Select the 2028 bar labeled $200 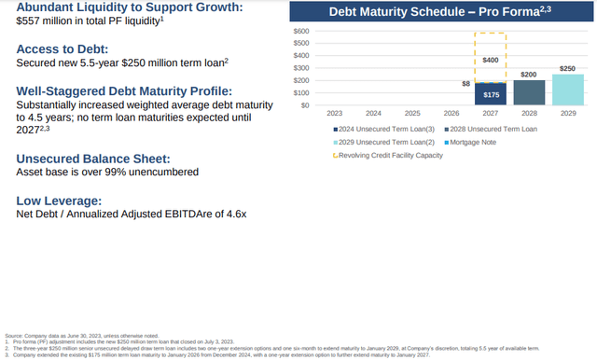pos(528,92)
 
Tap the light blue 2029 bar pos(568,90)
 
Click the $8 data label pos(466,83)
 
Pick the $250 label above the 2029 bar pos(568,68)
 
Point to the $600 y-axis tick pos(300,32)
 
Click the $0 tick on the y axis pos(304,105)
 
